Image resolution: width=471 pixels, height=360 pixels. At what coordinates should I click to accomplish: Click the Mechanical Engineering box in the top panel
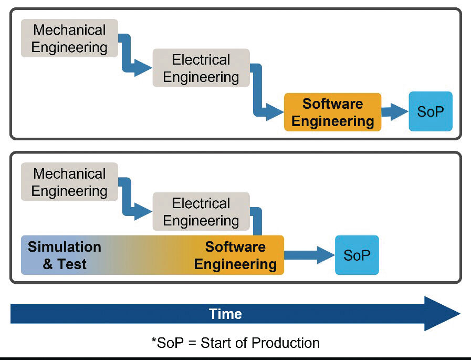[x=69, y=38]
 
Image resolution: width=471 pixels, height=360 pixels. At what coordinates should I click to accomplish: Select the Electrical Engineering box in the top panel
[x=201, y=68]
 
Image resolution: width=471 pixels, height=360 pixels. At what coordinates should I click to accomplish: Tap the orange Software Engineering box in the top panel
[x=332, y=112]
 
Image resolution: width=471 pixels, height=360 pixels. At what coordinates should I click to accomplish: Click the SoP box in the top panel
[x=430, y=111]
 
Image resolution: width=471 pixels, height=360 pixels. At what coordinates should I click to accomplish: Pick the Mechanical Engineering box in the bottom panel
[x=69, y=182]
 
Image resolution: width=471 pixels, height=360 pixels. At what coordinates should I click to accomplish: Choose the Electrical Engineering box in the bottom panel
[x=201, y=212]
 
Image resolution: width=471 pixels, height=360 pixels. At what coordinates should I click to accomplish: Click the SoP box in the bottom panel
[x=357, y=255]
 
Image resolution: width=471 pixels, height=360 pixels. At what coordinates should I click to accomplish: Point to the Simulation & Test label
[x=64, y=255]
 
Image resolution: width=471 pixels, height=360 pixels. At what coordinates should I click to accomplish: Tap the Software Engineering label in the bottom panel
[x=235, y=255]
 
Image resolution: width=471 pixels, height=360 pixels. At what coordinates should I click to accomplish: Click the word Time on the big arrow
[x=225, y=314]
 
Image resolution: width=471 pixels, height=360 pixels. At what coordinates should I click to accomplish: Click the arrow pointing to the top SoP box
[x=394, y=111]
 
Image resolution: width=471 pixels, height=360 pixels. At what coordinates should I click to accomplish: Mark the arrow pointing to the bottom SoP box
[x=310, y=255]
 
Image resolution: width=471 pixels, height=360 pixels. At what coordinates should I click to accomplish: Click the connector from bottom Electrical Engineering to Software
[x=257, y=221]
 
